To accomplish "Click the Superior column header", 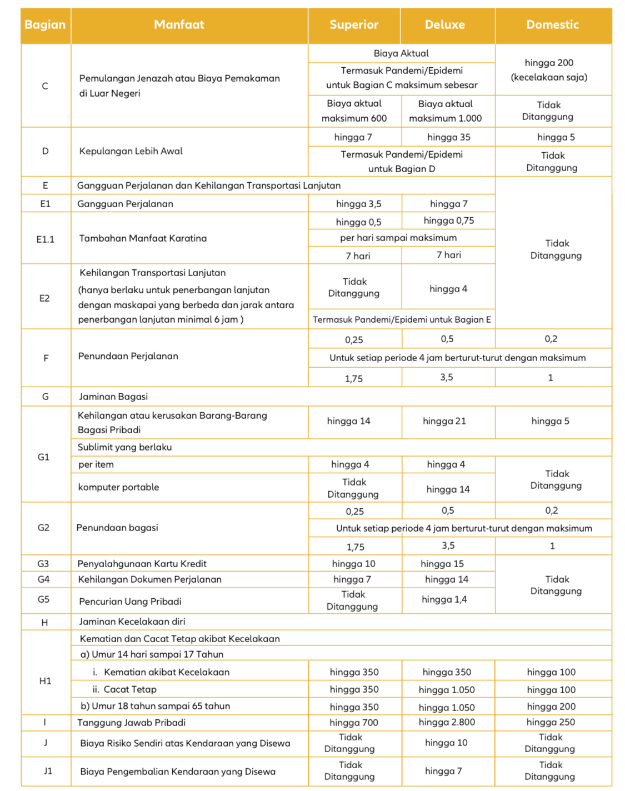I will pyautogui.click(x=354, y=25).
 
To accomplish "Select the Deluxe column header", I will pyautogui.click(x=445, y=25).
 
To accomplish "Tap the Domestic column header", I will pyautogui.click(x=552, y=25).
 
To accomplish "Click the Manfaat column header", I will pyautogui.click(x=179, y=25).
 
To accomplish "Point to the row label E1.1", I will pyautogui.click(x=46, y=239).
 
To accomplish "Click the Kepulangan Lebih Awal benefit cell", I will pyautogui.click(x=131, y=151).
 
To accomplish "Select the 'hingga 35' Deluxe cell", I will pyautogui.click(x=449, y=137).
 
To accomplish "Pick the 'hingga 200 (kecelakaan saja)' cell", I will pyautogui.click(x=549, y=70).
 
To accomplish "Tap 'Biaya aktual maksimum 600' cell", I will pyautogui.click(x=354, y=111).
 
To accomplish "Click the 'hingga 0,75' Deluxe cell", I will pyautogui.click(x=449, y=221).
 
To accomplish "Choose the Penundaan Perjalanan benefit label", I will pyautogui.click(x=128, y=356).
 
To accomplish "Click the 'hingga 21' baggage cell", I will pyautogui.click(x=444, y=421).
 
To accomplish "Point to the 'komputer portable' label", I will pyautogui.click(x=118, y=487).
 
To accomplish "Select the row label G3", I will pyautogui.click(x=43, y=564).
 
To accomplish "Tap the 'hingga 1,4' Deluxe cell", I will pyautogui.click(x=444, y=599).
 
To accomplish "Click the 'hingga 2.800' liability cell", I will pyautogui.click(x=447, y=722).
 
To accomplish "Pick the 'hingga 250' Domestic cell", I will pyautogui.click(x=551, y=722).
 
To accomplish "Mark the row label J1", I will pyautogui.click(x=48, y=771).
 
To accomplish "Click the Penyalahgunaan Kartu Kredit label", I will pyautogui.click(x=142, y=564).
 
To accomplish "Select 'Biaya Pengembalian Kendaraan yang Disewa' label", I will pyautogui.click(x=178, y=772).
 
